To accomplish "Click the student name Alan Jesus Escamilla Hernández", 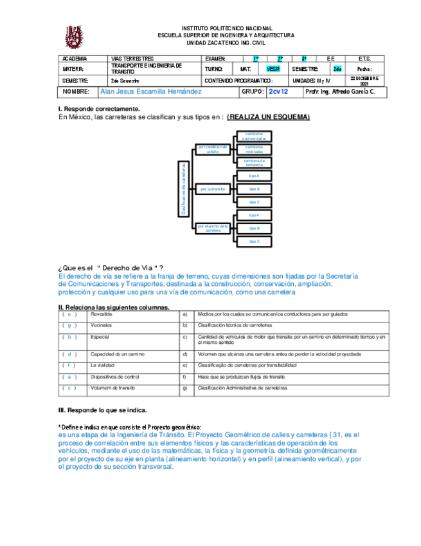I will (x=151, y=92).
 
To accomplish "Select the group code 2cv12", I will (x=278, y=92).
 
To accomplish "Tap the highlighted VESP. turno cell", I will (x=273, y=69).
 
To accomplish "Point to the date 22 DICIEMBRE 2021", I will (x=364, y=81).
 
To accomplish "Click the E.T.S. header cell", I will (x=364, y=59).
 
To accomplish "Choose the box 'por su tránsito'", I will (x=212, y=189).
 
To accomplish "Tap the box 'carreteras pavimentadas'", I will (x=254, y=136).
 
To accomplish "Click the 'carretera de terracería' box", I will (x=254, y=162).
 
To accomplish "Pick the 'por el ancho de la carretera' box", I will (x=213, y=228).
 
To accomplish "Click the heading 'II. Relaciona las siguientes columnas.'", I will (x=114, y=307).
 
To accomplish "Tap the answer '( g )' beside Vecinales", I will (x=69, y=326).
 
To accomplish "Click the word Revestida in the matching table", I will (x=102, y=314).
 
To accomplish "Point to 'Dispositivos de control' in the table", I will (x=115, y=377).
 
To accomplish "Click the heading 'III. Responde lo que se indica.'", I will (x=102, y=410).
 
